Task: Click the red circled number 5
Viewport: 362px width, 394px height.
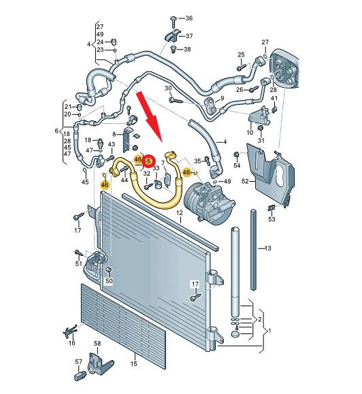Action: (x=148, y=161)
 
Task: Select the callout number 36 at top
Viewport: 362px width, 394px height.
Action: (x=188, y=18)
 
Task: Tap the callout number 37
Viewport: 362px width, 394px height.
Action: (x=189, y=36)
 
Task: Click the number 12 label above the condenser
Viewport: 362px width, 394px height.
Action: (x=179, y=213)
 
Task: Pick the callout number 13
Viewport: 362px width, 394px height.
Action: (x=268, y=248)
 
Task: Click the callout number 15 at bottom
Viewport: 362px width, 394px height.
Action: (x=133, y=363)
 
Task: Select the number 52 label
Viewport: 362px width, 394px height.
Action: (x=245, y=181)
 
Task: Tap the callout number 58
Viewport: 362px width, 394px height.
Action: (x=97, y=343)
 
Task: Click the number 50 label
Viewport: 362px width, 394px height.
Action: (x=109, y=280)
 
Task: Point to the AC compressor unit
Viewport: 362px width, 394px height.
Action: (x=210, y=200)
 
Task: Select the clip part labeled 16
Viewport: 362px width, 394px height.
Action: (x=69, y=331)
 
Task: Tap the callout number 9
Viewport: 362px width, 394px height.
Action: (x=222, y=98)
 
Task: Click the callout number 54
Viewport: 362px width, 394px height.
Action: (x=237, y=165)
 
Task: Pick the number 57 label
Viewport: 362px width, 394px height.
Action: (x=79, y=361)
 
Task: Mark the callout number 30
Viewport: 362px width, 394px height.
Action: (x=168, y=88)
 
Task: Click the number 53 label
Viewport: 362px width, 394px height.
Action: (x=271, y=219)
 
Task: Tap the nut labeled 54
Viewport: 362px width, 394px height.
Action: (x=236, y=154)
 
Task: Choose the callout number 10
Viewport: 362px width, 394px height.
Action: (x=250, y=133)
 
